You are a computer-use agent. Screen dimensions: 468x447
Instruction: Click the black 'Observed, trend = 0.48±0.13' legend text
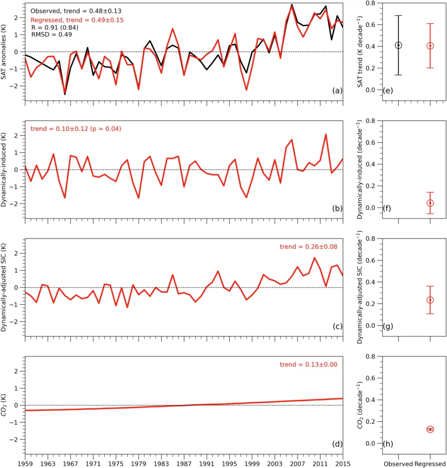click(x=76, y=11)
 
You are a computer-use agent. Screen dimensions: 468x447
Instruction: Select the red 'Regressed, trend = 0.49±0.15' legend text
click(x=77, y=20)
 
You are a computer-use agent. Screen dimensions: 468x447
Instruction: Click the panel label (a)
click(x=337, y=91)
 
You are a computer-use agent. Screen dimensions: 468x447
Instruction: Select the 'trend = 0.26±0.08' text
click(x=309, y=247)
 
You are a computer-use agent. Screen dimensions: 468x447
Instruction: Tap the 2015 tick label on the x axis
click(x=342, y=462)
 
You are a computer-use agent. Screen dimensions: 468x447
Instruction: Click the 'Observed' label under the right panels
click(x=398, y=462)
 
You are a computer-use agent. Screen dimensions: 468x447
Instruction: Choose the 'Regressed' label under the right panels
click(x=430, y=462)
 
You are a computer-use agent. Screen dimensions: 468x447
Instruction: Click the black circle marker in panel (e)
click(x=399, y=45)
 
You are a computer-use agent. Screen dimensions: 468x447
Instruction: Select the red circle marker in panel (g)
click(x=430, y=300)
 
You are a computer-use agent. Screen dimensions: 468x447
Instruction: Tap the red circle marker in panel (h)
click(x=430, y=429)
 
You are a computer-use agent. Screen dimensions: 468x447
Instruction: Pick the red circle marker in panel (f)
click(x=430, y=203)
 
